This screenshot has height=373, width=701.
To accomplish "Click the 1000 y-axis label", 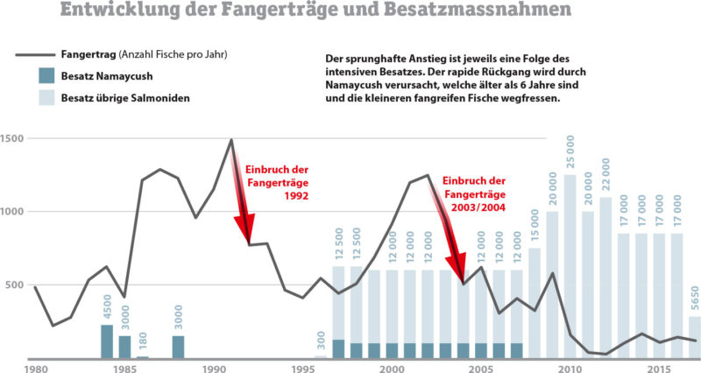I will tap(13, 212).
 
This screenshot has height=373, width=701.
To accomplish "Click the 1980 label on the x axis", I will tap(35, 368).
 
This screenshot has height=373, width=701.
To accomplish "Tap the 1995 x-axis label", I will tap(302, 368).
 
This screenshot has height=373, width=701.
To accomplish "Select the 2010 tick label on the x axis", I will tap(570, 368).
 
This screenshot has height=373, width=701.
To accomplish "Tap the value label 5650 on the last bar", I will tap(695, 298).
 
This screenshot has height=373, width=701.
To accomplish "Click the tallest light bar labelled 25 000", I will tap(570, 263).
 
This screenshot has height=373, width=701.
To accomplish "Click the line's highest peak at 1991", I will tap(231, 139).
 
